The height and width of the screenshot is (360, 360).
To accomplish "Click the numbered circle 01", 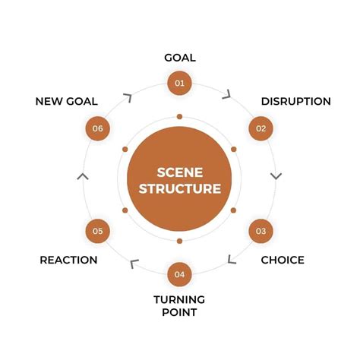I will pos(179,83).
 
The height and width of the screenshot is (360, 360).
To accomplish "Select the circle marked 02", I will pos(261,128).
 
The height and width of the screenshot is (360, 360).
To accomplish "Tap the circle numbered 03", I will pos(261,230).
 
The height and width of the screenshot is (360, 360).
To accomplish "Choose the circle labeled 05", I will pos(97,230).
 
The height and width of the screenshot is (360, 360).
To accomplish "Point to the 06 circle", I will pos(97,128).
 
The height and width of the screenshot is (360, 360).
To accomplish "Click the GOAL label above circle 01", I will pos(180,58).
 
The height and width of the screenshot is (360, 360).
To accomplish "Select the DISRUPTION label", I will pos(295,102).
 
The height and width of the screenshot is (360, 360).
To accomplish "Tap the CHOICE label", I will pos(283,260).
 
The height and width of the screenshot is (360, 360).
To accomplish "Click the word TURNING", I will pos(180,298).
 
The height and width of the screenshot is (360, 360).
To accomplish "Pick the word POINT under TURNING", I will pos(180,312).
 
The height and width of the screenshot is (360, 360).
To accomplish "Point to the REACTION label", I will pos(68,260).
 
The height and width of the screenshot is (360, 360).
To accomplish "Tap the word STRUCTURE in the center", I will pos(179,188).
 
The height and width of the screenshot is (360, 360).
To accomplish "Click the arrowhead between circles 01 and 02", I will pos(226,95).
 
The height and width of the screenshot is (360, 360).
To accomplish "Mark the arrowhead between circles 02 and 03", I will pos(276,175).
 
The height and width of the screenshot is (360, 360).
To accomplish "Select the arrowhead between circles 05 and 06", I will pos(83,176).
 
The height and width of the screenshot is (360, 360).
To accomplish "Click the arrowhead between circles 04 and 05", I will pos(134,264).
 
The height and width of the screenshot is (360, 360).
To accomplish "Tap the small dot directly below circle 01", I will pos(179,117).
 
